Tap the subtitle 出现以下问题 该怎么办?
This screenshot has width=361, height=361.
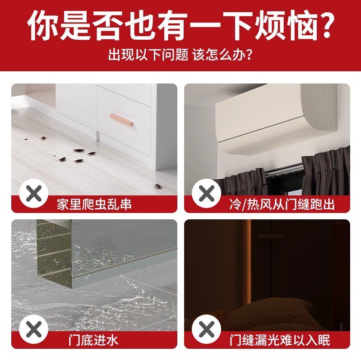pos(180,56)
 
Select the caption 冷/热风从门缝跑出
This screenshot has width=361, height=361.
pos(282,204)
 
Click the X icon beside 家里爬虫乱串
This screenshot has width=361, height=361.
pos(33,194)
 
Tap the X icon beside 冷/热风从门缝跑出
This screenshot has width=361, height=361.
pos(206,194)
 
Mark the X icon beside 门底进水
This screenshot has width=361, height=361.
pos(33,330)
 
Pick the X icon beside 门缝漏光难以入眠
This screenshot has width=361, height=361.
pos(206,330)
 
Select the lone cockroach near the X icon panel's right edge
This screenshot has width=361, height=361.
pos(157,186)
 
